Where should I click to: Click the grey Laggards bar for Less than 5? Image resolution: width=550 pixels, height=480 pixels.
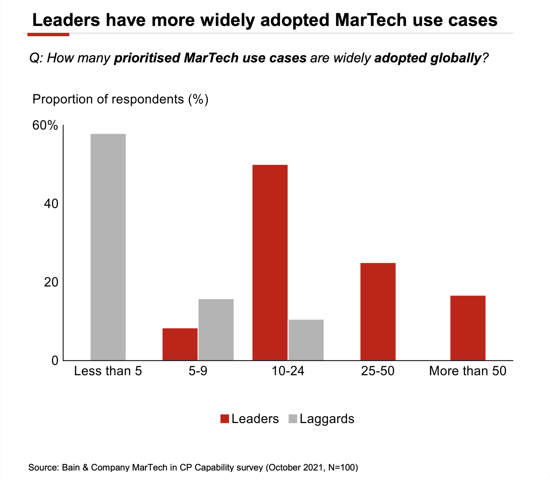pos(108,247)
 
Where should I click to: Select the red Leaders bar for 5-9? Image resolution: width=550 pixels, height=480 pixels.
pos(180,344)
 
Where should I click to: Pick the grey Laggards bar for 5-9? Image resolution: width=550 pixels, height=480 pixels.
pos(216,330)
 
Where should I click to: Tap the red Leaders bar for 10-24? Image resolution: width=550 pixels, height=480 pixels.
pos(270,262)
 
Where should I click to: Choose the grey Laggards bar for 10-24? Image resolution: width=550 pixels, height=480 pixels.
pos(306,340)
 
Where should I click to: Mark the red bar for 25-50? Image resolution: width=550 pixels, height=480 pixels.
pos(378,312)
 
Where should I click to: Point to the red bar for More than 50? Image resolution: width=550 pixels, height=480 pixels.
pos(468,328)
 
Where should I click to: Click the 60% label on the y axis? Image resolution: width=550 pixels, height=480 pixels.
pos(45,125)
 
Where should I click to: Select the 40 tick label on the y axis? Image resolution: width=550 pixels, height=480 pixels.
pos(51,204)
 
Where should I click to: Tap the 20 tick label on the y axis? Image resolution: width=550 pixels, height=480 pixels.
pos(51,282)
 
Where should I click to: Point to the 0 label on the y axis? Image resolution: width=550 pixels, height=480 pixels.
pos(55,360)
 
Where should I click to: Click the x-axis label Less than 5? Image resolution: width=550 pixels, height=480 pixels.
pos(108,371)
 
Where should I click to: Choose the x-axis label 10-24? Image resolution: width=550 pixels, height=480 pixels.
pos(288,371)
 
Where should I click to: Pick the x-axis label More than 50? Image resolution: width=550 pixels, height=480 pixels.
pos(468,371)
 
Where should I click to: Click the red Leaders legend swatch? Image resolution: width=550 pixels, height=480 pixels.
pos(225,419)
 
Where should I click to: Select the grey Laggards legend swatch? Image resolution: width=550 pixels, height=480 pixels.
pos(293,419)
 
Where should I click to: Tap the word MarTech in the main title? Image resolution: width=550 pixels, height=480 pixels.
pos(371,20)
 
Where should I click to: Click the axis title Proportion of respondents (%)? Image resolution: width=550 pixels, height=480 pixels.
pos(120,99)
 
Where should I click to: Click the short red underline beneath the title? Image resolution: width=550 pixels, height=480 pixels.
pos(48,34)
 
